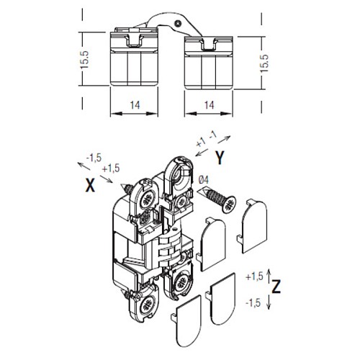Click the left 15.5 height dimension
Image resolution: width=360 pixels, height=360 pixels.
(85, 59)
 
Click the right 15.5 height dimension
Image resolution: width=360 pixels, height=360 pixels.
(264, 63)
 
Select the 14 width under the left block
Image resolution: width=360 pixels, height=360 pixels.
(135, 105)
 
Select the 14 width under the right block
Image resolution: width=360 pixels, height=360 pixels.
(210, 105)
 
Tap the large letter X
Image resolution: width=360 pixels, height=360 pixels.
(90, 186)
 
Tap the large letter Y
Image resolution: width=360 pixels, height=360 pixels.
(220, 158)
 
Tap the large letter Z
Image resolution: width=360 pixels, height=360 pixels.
(276, 287)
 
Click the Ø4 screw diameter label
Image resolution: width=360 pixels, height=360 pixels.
(204, 180)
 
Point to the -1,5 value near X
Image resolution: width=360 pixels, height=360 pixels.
(94, 158)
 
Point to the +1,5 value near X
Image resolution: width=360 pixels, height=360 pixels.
(111, 168)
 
